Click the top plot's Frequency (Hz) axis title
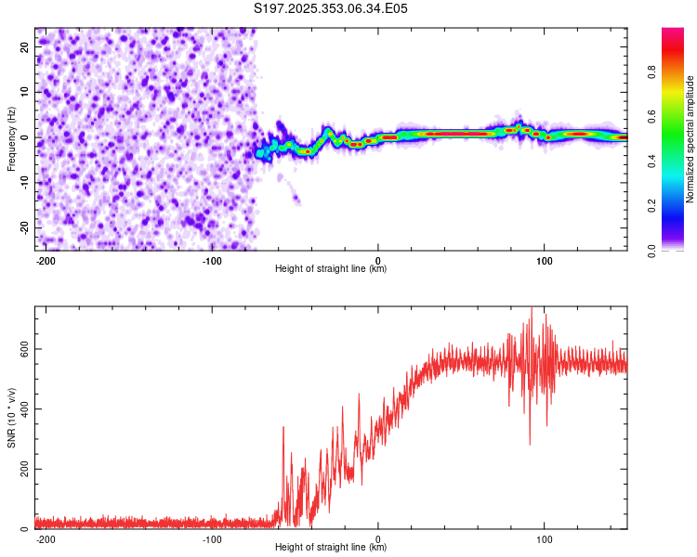pyautogui.click(x=11, y=139)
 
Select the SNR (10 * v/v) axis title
pyautogui.click(x=11, y=418)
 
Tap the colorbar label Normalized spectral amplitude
pyautogui.click(x=690, y=139)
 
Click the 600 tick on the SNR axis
pyautogui.click(x=22, y=349)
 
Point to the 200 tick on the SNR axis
pyautogui.click(x=22, y=470)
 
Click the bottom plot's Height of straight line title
pyautogui.click(x=331, y=548)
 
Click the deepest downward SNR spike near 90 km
pyautogui.click(x=530, y=444)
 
